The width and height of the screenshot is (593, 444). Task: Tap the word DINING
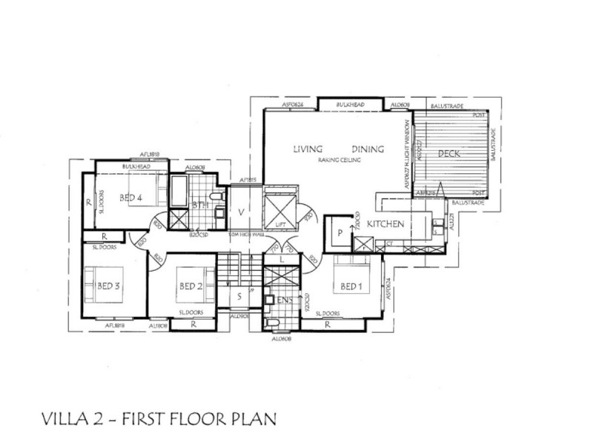click(x=368, y=149)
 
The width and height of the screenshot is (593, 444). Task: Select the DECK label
click(x=450, y=154)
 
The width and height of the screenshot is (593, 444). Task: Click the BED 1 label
click(x=351, y=286)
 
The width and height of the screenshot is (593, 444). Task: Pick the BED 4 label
click(x=130, y=198)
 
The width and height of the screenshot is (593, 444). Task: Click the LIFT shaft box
click(x=279, y=208)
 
